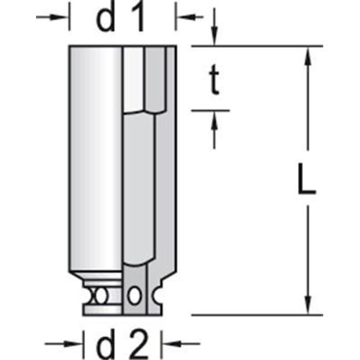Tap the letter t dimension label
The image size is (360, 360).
pos(214,80)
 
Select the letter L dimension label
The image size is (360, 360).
pos(307,179)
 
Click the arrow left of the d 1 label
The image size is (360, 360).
pos(51,17)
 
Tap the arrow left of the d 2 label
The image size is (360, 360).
pos(63,343)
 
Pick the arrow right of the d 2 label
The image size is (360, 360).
pos(182,343)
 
